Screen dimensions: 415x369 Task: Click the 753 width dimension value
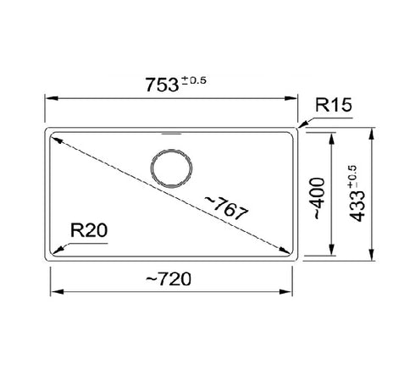pos(162,85)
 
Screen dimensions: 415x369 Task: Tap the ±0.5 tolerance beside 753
pos(194,81)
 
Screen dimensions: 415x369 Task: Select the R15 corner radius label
pos(334,105)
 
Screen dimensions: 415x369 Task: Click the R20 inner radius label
pos(89,230)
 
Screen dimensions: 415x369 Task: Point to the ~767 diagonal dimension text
pos(227,208)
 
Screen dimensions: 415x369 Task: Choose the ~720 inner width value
pos(169,279)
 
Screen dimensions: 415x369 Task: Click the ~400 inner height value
pos(318,198)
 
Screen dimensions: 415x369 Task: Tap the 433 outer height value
pos(357,206)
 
